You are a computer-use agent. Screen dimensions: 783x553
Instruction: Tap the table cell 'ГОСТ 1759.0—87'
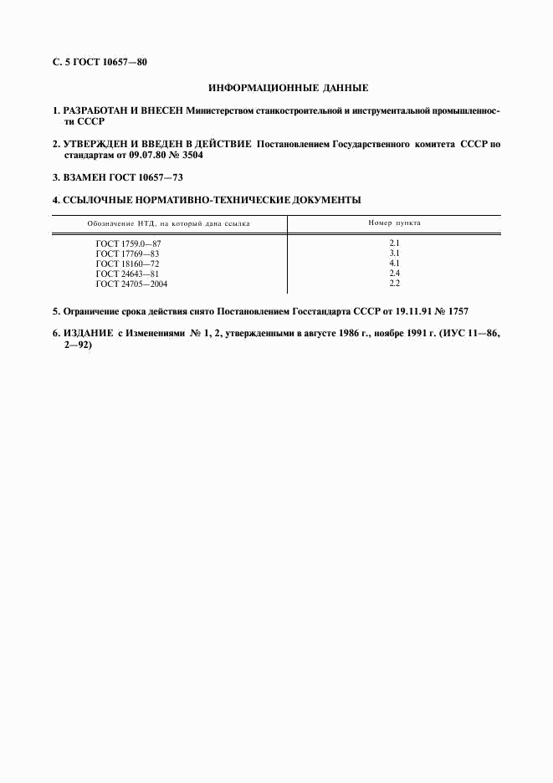tap(128, 243)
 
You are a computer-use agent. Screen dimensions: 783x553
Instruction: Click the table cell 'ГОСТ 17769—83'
tap(127, 253)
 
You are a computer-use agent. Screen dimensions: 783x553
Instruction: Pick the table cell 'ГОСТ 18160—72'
tap(127, 263)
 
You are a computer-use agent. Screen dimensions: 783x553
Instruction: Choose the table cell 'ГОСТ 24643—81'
tap(127, 274)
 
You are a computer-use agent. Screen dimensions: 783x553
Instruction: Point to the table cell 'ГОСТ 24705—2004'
tap(131, 284)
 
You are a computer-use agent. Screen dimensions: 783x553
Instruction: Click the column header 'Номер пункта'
tap(395, 223)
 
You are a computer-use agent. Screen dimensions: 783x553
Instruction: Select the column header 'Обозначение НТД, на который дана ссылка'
tap(169, 223)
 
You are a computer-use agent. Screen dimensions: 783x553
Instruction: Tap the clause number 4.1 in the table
tap(395, 263)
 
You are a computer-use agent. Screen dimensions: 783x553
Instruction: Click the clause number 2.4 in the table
tap(395, 274)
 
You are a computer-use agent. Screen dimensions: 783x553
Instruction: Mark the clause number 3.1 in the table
tap(395, 253)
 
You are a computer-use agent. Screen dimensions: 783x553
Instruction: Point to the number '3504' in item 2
tap(190, 156)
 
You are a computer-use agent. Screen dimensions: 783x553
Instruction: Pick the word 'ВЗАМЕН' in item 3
tap(84, 177)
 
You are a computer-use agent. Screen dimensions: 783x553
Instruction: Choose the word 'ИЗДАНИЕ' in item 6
tap(88, 333)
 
